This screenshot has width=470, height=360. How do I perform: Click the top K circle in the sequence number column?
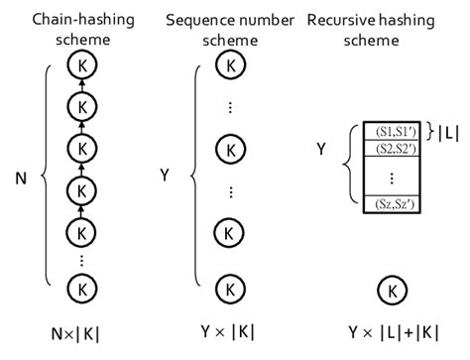pos(230,65)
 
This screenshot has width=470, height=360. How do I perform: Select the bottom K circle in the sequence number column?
pos(230,289)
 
